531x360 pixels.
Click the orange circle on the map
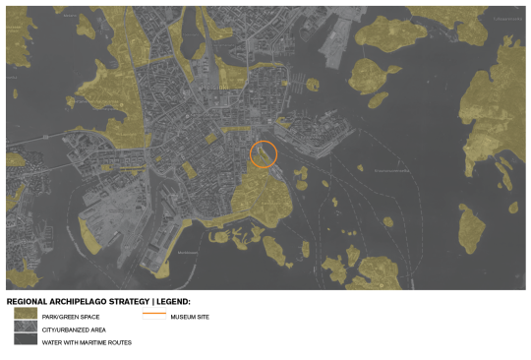pos(264,154)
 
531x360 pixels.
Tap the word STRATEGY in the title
pos(130,301)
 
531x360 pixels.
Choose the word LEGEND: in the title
pos(173,301)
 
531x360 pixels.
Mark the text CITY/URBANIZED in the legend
pos(63,330)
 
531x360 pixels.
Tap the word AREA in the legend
pos(97,330)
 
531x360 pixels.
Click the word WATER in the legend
pos(50,342)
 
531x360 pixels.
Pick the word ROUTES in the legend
pos(120,342)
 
